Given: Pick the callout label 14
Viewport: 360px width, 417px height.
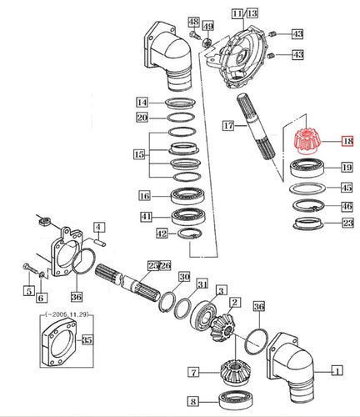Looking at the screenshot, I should click(x=142, y=102).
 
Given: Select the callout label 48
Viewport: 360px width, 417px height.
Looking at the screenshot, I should click(x=192, y=21).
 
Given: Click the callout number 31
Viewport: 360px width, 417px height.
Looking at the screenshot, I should click(x=202, y=284).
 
